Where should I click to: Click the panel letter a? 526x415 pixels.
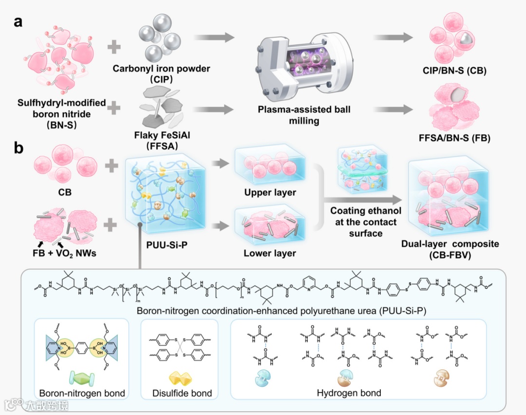click(x=19, y=22)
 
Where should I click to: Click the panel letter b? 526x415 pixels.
click(x=19, y=148)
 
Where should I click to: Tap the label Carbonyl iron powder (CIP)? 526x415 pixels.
click(x=161, y=74)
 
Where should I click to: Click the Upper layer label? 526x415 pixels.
click(x=269, y=192)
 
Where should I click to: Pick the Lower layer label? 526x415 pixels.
click(x=269, y=253)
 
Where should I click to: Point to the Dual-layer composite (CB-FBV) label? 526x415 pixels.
click(x=450, y=248)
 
